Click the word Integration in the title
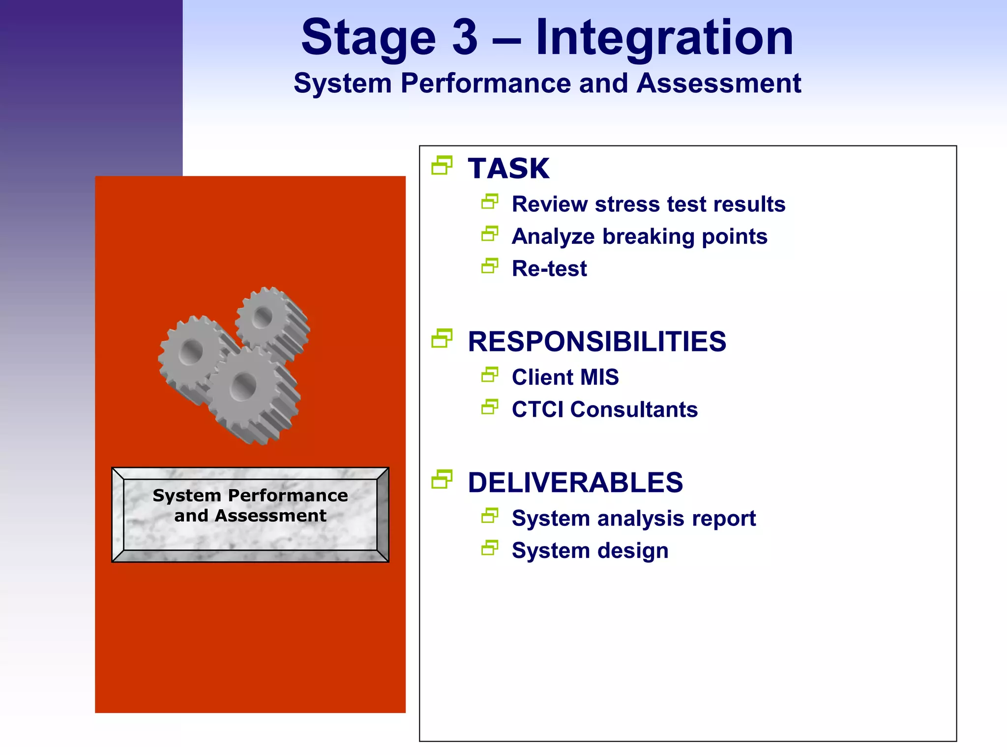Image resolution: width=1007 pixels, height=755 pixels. [664, 38]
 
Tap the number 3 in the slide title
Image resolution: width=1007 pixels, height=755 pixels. [465, 38]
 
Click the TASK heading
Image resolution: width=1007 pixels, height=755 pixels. [508, 169]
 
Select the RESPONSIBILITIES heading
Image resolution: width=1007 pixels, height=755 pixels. [597, 342]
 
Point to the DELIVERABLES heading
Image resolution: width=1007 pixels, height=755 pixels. [575, 483]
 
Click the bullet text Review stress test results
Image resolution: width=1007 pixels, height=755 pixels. [649, 204]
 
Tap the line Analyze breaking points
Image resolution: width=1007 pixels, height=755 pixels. [639, 236]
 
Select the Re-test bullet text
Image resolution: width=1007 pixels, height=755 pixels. [549, 269]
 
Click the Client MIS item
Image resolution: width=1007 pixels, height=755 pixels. [565, 377]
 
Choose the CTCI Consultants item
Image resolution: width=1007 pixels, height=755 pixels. [605, 409]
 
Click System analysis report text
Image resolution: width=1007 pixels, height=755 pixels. [634, 519]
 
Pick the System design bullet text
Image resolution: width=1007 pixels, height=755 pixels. [590, 551]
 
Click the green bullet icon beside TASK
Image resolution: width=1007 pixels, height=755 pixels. [442, 166]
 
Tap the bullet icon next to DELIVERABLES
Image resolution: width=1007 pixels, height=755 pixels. [442, 480]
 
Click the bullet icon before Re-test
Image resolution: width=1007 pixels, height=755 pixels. [490, 266]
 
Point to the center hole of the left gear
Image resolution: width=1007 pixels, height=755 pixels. [191, 352]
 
